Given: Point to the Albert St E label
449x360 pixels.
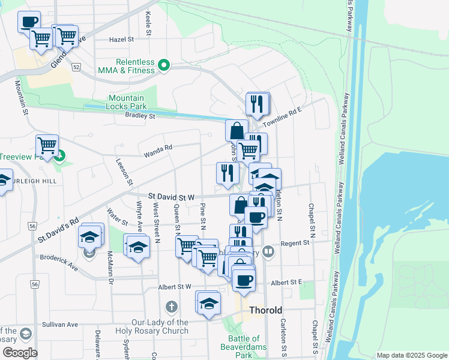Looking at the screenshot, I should point(286,283).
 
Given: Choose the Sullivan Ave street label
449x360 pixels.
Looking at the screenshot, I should point(60,325).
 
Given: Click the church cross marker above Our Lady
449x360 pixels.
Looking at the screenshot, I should point(172,308).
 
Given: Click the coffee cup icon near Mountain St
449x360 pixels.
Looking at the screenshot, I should point(29,22).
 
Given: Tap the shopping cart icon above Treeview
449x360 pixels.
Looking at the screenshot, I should point(47,146).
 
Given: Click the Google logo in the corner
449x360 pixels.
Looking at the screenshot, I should point(20,353).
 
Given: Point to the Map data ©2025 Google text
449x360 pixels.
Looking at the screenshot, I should point(412,355).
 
